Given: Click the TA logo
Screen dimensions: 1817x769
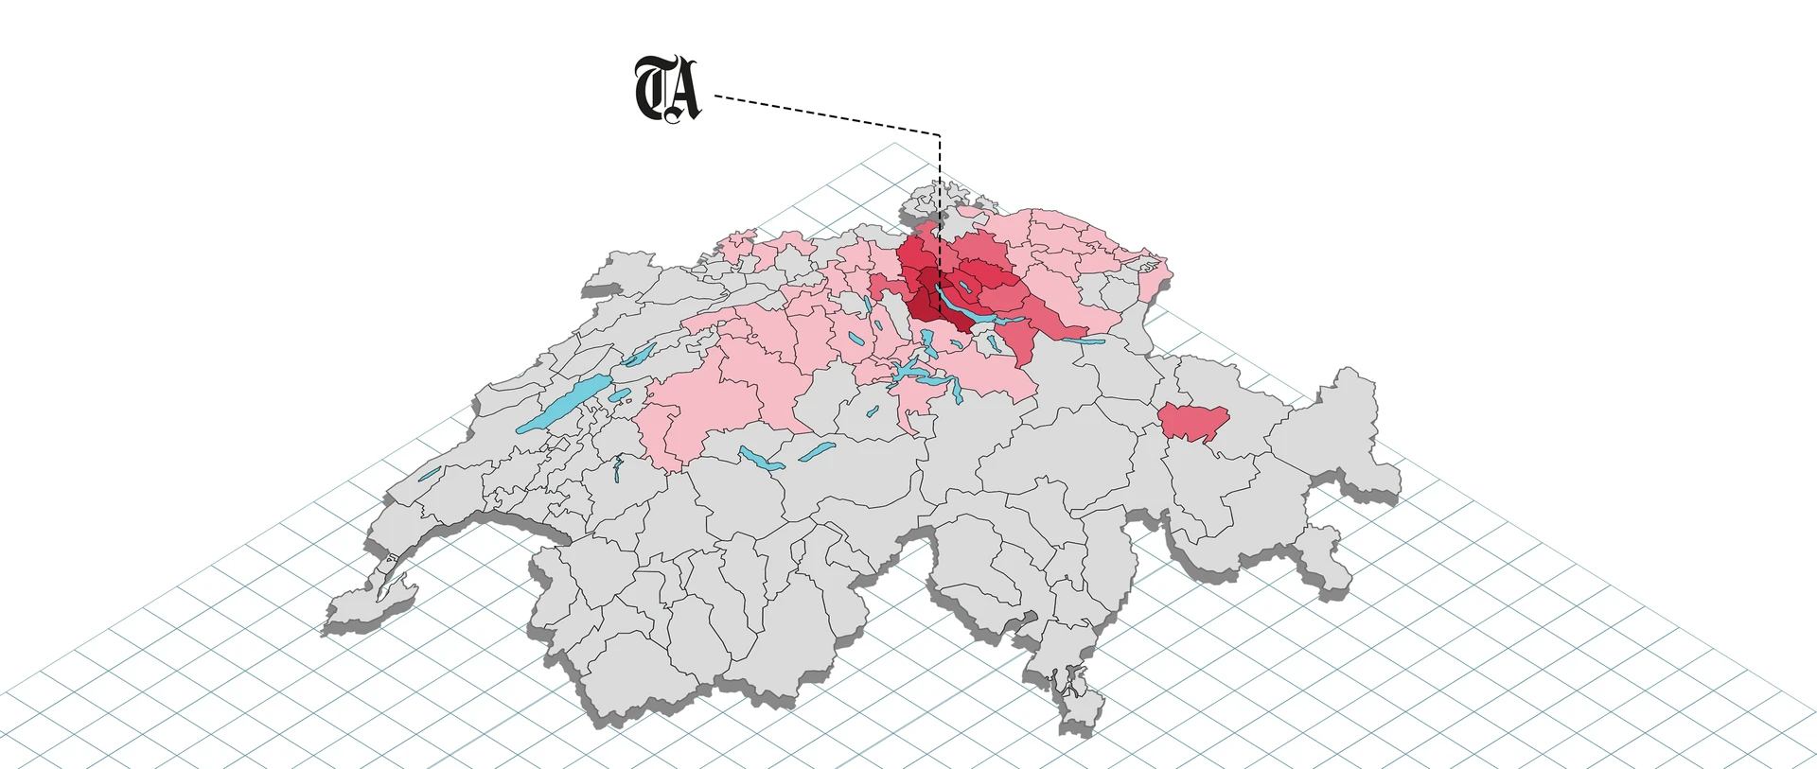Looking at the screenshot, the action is pos(667,90).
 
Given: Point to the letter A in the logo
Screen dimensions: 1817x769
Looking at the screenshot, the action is pos(683,92).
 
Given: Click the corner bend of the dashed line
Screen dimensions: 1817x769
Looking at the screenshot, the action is pos(939,135).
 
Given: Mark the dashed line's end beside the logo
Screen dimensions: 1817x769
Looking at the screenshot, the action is pos(717,96).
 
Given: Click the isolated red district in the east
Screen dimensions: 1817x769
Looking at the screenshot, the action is pos(1192,420).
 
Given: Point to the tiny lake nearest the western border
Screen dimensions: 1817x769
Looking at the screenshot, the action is pos(431,473).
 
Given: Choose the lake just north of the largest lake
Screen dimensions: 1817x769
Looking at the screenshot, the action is pos(639,355).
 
